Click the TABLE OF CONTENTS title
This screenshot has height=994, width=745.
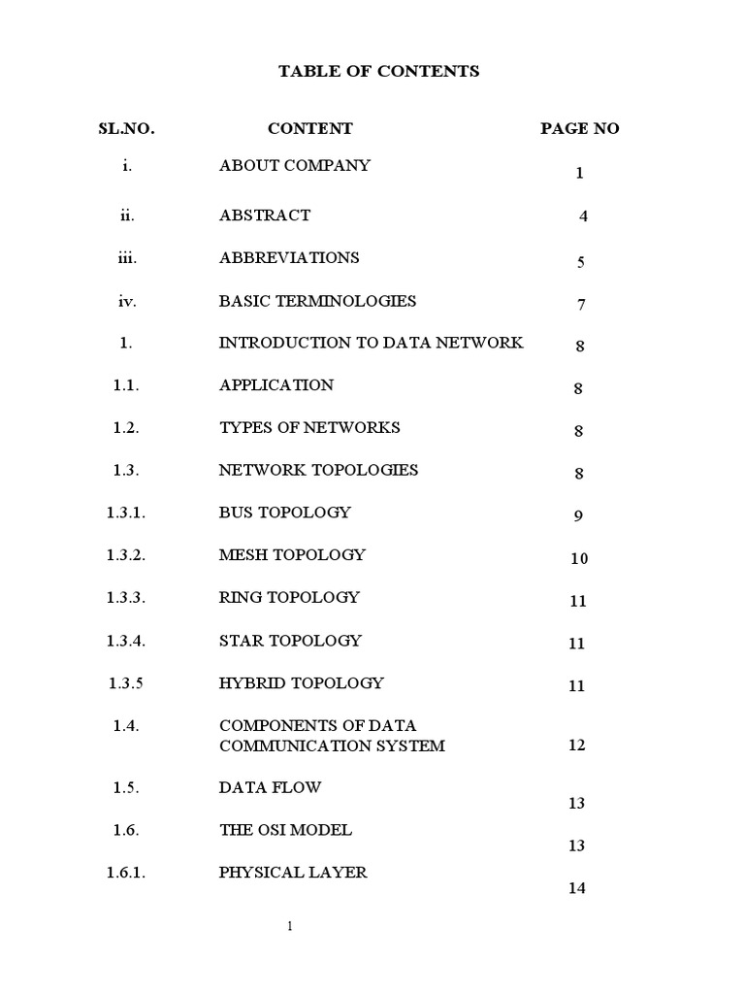[379, 72]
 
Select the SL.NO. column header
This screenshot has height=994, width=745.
[126, 128]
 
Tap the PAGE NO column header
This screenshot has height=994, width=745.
[579, 128]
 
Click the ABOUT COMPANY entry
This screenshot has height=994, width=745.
[294, 165]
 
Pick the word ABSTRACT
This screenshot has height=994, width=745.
[265, 215]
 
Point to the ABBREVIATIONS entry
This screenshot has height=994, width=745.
[289, 257]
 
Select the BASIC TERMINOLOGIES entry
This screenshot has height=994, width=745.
[317, 301]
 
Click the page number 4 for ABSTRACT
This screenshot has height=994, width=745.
[583, 216]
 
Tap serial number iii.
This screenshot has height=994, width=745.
[126, 257]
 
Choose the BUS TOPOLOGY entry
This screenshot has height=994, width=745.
[285, 512]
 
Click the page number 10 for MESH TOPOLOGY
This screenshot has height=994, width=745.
[579, 558]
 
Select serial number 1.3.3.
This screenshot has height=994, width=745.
[126, 598]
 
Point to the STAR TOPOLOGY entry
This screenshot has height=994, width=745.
[290, 640]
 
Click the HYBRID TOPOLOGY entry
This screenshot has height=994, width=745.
[302, 682]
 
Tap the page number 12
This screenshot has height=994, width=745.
[577, 745]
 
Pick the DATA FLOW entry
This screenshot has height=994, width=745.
[270, 788]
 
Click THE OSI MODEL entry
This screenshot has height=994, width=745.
[285, 830]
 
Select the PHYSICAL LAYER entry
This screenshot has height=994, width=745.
[293, 873]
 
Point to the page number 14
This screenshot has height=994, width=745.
[577, 888]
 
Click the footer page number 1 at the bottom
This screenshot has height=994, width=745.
[289, 926]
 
